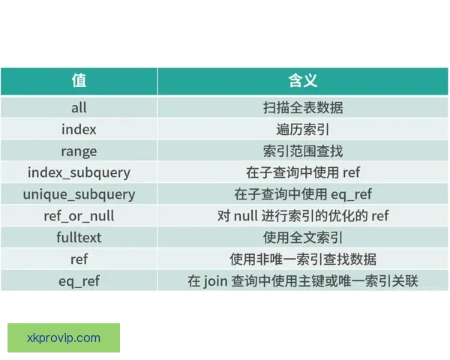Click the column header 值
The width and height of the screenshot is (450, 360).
[x=79, y=80]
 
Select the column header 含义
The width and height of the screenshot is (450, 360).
[x=302, y=80]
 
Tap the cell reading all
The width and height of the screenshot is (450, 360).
[x=79, y=107]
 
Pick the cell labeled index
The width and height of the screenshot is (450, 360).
[x=79, y=129]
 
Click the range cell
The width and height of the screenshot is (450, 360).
[x=79, y=151]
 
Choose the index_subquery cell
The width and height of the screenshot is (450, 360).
[x=79, y=172]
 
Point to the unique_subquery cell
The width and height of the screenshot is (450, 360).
[x=79, y=194]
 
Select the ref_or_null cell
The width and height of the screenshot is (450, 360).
[x=79, y=216]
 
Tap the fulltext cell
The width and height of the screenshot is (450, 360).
[x=79, y=238]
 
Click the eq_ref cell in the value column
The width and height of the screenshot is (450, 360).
[x=79, y=281]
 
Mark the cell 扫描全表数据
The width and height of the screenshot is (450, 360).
[x=302, y=107]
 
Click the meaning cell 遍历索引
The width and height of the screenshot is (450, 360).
[x=302, y=129]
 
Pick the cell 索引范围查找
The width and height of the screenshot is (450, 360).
[x=302, y=151]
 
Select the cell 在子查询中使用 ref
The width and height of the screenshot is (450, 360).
[x=302, y=172]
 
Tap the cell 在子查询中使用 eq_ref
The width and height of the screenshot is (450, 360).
[x=302, y=194]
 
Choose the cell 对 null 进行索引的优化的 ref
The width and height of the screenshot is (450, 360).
[x=302, y=216]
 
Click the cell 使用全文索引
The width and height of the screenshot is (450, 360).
[x=302, y=238]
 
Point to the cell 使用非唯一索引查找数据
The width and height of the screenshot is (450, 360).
[x=302, y=259]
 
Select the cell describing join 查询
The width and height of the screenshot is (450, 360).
[x=302, y=281]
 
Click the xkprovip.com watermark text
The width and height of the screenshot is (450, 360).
[x=63, y=337]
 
